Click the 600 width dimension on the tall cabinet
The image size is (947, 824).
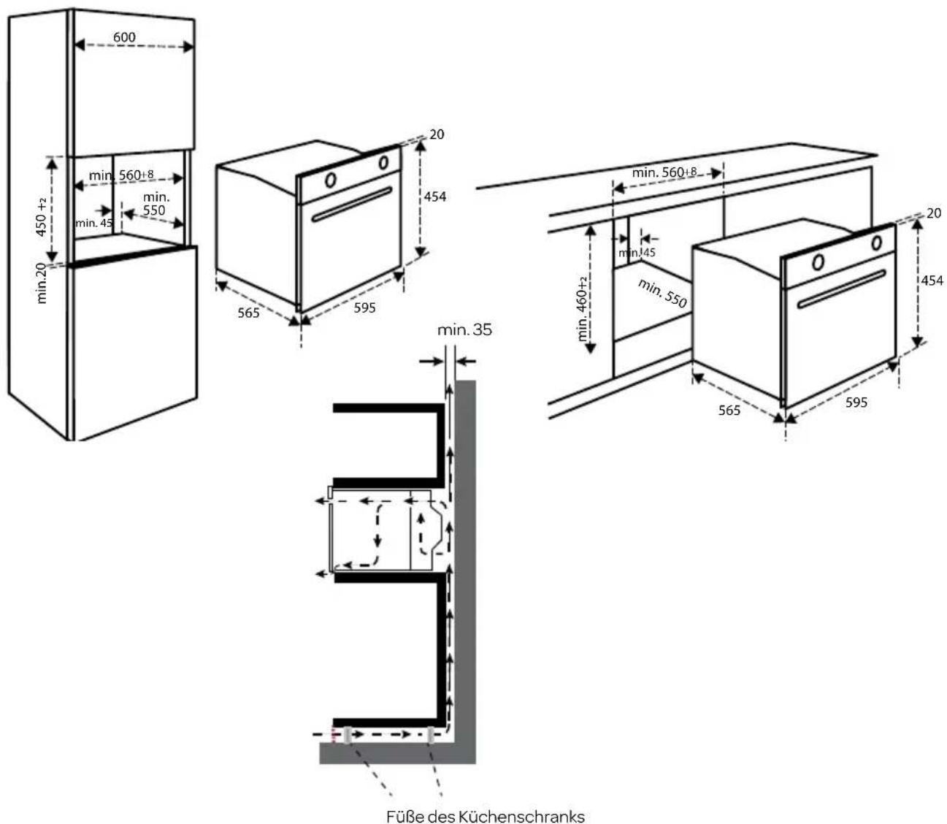[124, 37]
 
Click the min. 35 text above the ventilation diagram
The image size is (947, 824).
[464, 330]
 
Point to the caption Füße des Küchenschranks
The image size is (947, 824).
[485, 815]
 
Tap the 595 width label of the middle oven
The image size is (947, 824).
[364, 308]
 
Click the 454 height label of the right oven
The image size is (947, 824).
[932, 281]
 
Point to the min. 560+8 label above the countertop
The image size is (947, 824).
[664, 172]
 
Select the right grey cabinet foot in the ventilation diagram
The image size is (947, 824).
[432, 736]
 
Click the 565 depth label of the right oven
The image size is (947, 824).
[728, 410]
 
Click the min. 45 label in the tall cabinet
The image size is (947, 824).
[93, 223]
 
